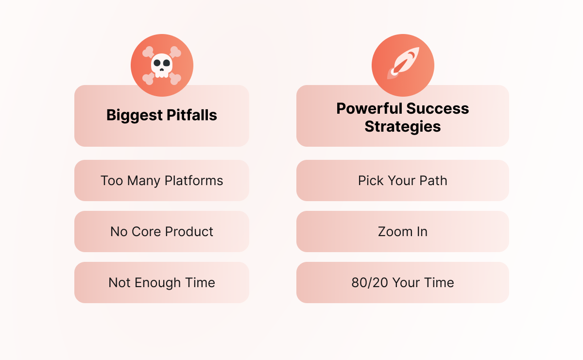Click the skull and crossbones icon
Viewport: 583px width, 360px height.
162,65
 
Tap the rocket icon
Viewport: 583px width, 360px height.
403,63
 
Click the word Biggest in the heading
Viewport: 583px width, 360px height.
135,115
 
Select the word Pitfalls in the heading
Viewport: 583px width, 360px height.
192,115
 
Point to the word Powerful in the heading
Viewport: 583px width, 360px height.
369,108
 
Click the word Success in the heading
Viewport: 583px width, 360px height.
438,108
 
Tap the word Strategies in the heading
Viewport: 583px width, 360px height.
403,127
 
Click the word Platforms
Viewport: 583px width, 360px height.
194,181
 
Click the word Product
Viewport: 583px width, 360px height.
189,232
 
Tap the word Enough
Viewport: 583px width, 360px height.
158,283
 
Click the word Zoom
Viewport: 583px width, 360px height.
395,232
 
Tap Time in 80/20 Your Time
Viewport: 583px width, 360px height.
439,283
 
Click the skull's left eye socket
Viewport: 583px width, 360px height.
157,63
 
